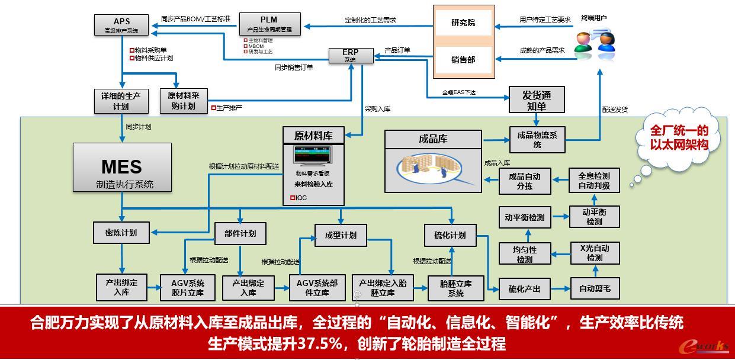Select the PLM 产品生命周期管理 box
[x=269, y=24]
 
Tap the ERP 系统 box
[x=351, y=56]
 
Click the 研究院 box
[x=463, y=23]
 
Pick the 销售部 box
[x=463, y=59]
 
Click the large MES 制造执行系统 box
[x=122, y=168]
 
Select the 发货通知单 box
[x=537, y=100]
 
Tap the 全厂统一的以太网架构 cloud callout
[x=679, y=137]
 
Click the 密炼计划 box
[x=121, y=233]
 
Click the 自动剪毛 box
[x=595, y=289]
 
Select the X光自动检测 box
[x=594, y=253]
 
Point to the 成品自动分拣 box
[x=524, y=181]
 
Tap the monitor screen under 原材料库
[x=313, y=156]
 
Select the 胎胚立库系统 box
[x=455, y=288]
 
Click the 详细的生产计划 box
[x=121, y=101]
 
